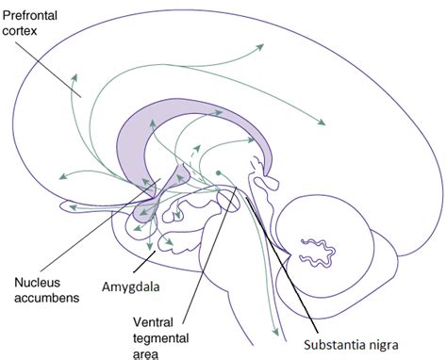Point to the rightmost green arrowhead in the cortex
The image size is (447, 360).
click(x=323, y=122)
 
